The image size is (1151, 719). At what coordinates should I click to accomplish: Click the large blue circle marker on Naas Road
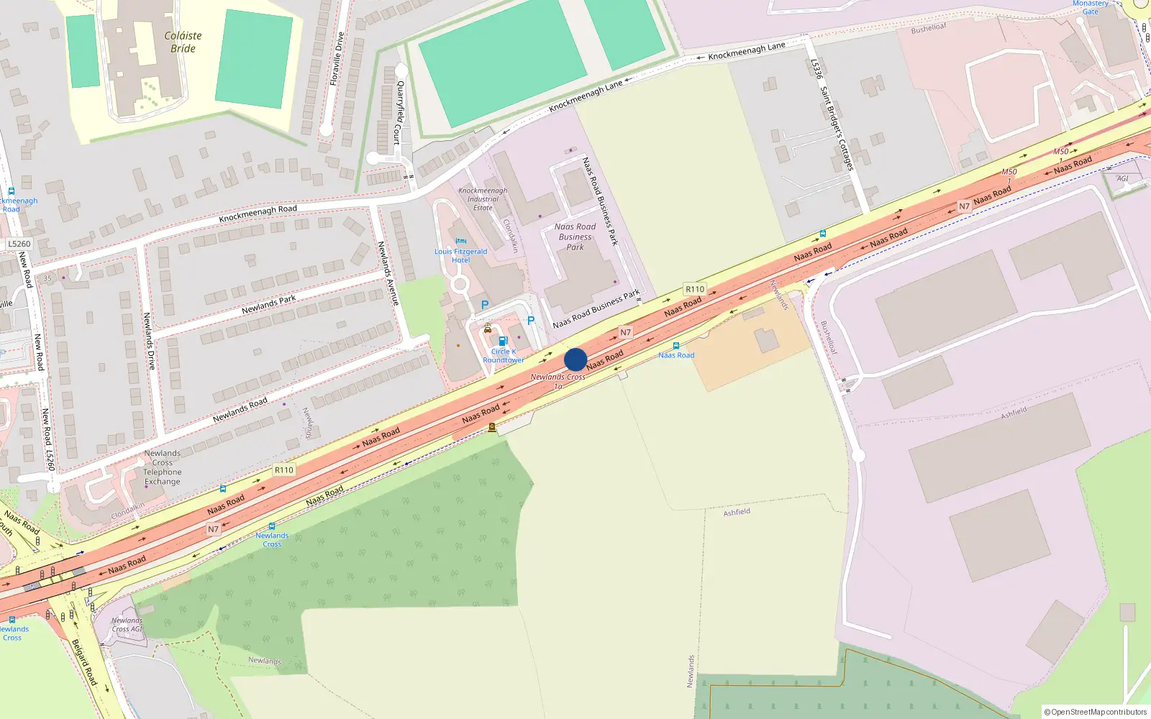(x=575, y=359)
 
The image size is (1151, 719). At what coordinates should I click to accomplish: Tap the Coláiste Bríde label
(x=183, y=42)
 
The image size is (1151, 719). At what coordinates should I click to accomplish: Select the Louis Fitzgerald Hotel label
(x=460, y=256)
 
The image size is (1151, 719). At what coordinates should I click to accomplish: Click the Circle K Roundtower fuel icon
(x=503, y=341)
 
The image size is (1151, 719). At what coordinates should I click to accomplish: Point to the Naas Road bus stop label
(x=676, y=355)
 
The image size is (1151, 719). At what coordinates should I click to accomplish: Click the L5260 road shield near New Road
(x=19, y=244)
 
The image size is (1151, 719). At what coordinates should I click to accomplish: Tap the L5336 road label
(x=816, y=69)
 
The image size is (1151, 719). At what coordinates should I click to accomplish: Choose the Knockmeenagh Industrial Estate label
(x=483, y=199)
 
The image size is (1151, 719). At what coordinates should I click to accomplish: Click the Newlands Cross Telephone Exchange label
(x=163, y=467)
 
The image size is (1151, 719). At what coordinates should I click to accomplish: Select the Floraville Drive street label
(x=337, y=59)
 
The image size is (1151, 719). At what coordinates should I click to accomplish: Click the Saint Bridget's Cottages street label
(x=837, y=129)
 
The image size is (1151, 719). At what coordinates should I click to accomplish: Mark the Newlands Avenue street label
(x=388, y=273)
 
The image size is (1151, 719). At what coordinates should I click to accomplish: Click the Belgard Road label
(x=84, y=661)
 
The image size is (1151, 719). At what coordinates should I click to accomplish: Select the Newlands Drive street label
(x=149, y=341)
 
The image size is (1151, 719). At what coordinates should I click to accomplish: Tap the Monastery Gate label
(x=1091, y=7)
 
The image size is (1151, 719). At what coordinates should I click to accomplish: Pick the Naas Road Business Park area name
(x=575, y=237)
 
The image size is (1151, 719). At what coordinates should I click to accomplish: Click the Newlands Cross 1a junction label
(x=558, y=381)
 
